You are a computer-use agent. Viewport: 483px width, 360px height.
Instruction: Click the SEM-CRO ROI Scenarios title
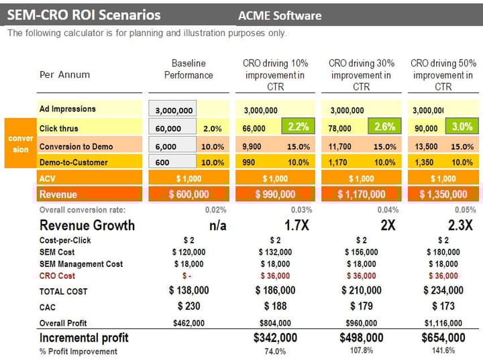click(85, 14)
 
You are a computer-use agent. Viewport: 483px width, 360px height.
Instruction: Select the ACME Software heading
click(280, 15)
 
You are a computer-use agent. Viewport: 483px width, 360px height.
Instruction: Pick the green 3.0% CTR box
click(462, 127)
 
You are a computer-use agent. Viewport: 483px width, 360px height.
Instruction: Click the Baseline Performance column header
click(189, 69)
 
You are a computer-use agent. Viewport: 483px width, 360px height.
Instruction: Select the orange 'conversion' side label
click(21, 143)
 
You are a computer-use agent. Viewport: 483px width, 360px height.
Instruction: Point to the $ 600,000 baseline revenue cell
click(189, 194)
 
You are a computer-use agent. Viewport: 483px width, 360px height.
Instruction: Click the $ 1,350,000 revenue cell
click(443, 194)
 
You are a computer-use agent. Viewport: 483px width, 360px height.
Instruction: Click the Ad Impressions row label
click(68, 109)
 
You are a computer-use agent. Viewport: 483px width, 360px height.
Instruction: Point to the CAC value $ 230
click(189, 306)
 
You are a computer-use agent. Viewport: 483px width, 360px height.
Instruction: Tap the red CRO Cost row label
click(57, 276)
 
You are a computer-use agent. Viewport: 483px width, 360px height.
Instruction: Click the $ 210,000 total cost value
click(361, 291)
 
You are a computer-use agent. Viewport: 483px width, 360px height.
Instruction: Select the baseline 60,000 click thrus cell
click(172, 128)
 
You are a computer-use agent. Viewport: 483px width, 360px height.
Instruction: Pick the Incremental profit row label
click(84, 337)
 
